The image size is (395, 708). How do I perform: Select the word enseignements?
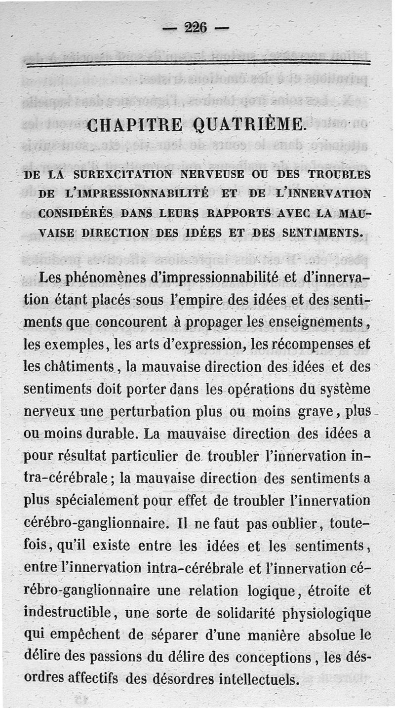(x=314, y=321)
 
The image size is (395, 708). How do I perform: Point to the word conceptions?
(x=273, y=658)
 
